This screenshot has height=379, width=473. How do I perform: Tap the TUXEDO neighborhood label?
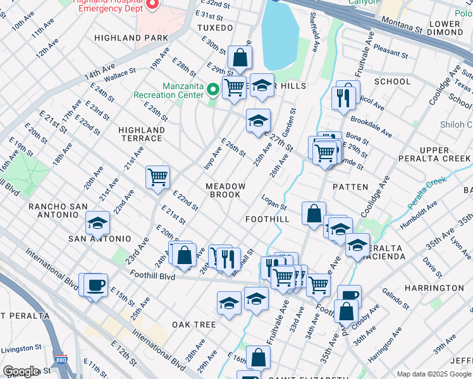point(215,28)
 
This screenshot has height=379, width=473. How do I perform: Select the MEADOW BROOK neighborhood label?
point(225,190)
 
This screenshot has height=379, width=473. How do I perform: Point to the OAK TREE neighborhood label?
point(194,325)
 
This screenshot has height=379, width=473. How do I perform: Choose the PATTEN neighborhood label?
point(350,187)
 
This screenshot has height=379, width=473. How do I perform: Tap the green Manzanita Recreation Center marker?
point(213,90)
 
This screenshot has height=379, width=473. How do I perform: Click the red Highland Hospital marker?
point(151,5)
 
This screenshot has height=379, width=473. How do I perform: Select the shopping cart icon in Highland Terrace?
point(157,177)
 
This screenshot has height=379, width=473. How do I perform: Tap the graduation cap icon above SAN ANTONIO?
point(97,222)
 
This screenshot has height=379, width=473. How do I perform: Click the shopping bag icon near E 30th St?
point(240,58)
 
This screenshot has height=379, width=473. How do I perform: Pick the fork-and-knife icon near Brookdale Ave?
point(343,98)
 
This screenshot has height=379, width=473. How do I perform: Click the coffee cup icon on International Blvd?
point(95,285)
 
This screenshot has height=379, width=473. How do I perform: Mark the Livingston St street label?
point(21,348)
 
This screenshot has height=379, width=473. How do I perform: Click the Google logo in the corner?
point(21,371)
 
